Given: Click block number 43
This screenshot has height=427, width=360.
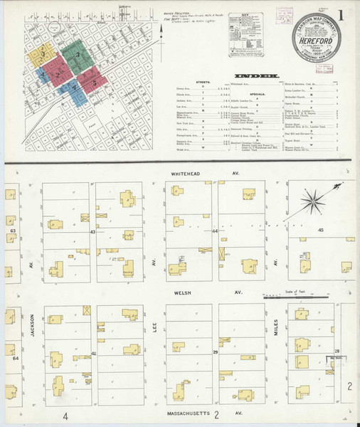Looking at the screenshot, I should pyautogui.click(x=92, y=232).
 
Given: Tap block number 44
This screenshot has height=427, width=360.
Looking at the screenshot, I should pyautogui.click(x=215, y=232).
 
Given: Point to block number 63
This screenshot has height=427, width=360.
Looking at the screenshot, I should pyautogui.click(x=13, y=231).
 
